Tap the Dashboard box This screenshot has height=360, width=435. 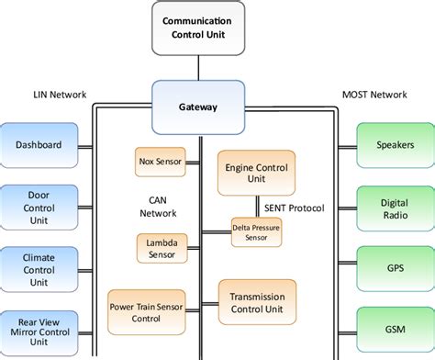click(x=39, y=144)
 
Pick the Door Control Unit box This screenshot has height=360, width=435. click(x=39, y=206)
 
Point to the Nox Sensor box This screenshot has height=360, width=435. click(x=159, y=161)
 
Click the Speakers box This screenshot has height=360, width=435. click(x=394, y=144)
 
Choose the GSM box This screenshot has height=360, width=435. click(x=394, y=329)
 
